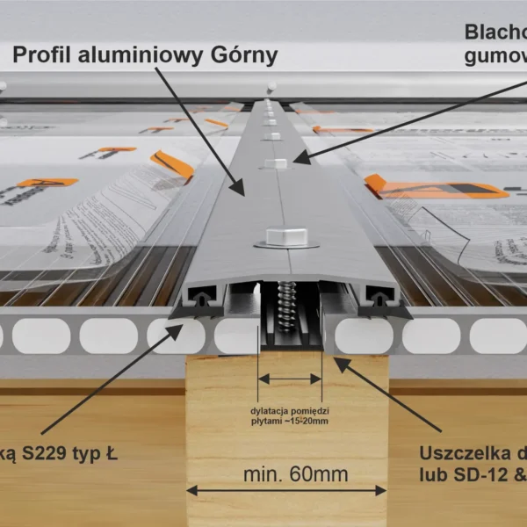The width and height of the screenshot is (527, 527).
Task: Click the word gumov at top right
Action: pos(494,58)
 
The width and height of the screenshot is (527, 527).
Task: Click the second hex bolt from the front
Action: pos(276,164)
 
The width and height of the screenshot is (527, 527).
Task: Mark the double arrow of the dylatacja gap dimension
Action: pos(290,379)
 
